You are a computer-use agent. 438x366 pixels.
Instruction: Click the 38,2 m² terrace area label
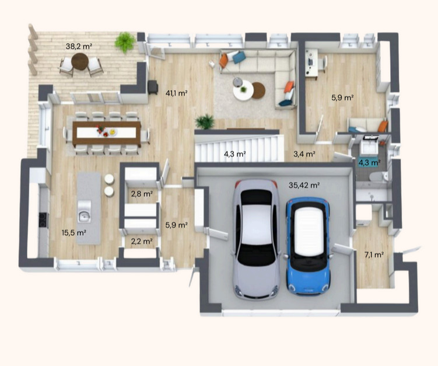point(79,46)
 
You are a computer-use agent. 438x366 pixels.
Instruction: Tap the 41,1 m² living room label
point(177,93)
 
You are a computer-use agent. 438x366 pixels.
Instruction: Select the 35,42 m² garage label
point(304,185)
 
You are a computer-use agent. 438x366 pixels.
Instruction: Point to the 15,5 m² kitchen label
point(73,232)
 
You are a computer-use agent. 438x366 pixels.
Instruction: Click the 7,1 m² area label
point(374,255)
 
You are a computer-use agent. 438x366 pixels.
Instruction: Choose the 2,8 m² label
point(142,193)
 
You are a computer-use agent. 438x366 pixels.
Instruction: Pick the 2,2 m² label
point(142,240)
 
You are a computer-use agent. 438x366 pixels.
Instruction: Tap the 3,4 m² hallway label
point(304,154)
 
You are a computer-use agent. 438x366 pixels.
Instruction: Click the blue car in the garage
point(307,246)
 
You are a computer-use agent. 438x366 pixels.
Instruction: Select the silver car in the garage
point(257,239)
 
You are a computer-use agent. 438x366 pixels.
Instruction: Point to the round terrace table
point(80,61)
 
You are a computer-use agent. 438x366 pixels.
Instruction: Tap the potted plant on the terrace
point(125,42)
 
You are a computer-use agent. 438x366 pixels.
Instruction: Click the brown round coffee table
point(258,90)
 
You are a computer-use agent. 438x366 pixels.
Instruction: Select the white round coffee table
point(243,90)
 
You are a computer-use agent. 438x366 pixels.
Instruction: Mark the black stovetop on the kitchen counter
point(43,220)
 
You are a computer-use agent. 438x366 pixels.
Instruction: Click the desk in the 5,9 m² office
point(311,62)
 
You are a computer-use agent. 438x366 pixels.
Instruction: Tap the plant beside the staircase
point(205,121)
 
